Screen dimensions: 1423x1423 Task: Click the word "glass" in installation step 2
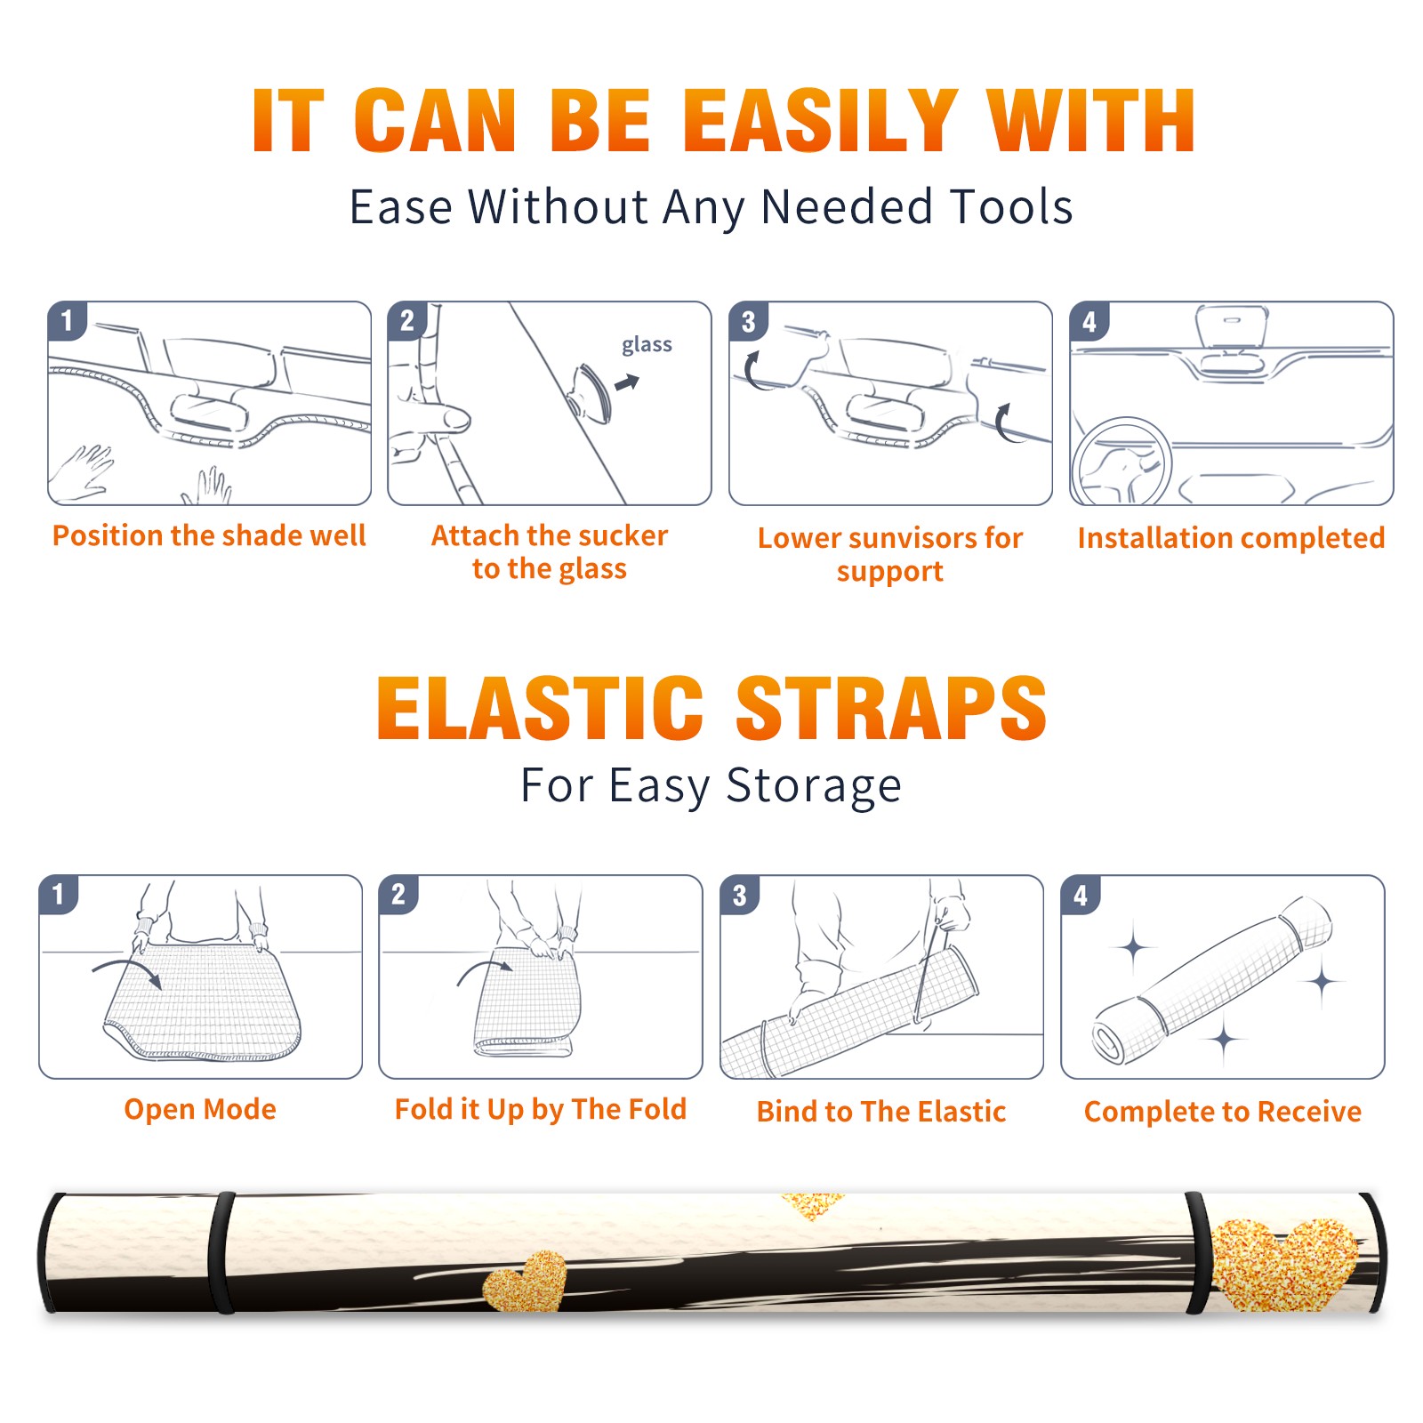(647, 345)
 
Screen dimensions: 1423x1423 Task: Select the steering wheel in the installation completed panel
(1122, 461)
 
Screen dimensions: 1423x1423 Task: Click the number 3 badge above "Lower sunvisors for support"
(749, 321)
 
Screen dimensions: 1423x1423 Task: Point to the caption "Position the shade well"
(209, 535)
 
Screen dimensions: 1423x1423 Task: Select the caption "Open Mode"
(200, 1109)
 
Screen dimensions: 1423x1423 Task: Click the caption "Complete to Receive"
(1223, 1112)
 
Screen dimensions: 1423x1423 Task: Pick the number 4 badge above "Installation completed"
(1089, 321)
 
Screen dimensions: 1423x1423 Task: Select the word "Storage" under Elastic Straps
(813, 786)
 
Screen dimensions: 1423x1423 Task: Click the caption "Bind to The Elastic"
(881, 1112)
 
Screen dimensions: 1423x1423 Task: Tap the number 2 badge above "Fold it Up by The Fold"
(398, 894)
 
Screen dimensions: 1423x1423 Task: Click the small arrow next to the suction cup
(627, 382)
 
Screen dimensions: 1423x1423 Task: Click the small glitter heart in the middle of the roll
(526, 1281)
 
